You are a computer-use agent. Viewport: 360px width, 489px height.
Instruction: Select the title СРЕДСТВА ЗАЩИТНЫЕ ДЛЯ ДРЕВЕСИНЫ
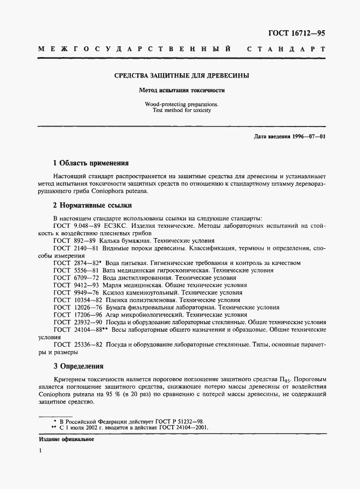coord(181,76)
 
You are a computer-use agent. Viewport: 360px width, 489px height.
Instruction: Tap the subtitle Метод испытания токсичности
coord(181,90)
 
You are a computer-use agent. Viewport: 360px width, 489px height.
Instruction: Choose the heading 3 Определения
coord(78,366)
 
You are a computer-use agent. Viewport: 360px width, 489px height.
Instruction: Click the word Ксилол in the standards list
coord(117,292)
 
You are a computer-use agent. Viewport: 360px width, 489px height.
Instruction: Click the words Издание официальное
coord(67,439)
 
